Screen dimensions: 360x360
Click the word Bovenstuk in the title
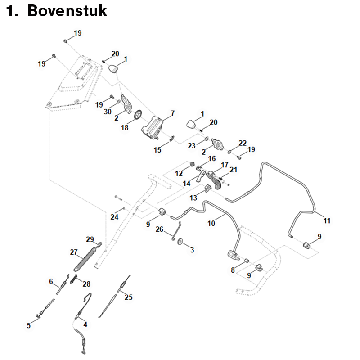[67, 11]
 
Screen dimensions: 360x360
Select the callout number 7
[173, 112]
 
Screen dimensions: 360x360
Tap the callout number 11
[327, 220]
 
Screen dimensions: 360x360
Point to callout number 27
[74, 252]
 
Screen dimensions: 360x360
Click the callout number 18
[125, 128]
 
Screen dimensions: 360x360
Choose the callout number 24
[115, 217]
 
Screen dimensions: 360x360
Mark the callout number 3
[192, 250]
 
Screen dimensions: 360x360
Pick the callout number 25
[129, 297]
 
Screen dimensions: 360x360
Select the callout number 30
[108, 112]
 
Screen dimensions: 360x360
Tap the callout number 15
[157, 150]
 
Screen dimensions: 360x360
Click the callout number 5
[29, 325]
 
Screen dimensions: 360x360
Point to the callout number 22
[243, 143]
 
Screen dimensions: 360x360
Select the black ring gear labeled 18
[138, 115]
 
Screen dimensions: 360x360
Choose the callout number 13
[193, 198]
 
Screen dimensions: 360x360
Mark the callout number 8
[233, 270]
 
